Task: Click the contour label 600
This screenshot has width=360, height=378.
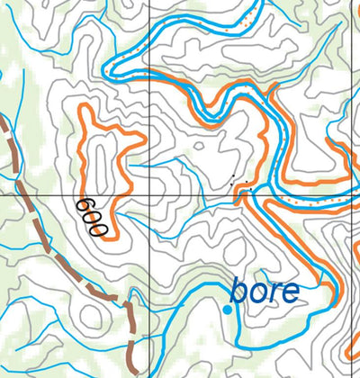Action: pos(93,217)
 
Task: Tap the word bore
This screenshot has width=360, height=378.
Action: pos(265,291)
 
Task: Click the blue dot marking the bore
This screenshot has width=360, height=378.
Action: pos(228,310)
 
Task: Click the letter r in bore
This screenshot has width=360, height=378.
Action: pos(274,293)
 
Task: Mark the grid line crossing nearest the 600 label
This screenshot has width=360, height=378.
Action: pos(148,193)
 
